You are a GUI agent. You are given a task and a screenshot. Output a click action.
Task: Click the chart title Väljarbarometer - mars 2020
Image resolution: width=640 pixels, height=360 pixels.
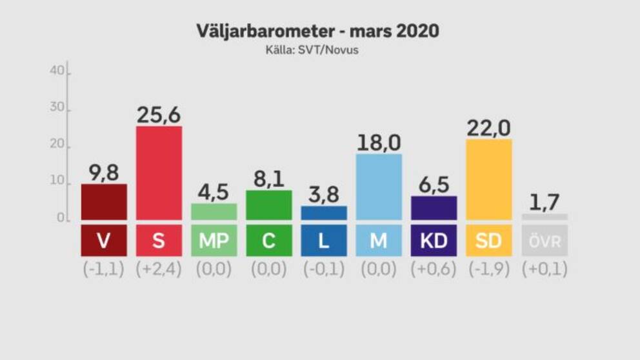coord(319,31)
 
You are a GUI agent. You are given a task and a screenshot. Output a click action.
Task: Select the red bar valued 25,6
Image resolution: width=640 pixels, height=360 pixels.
coord(159,172)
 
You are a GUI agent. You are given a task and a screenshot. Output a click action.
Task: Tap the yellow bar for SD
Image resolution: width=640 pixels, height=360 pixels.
coord(489,179)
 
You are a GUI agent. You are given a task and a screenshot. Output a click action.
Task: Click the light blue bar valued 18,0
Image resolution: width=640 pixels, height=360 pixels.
coord(379,186)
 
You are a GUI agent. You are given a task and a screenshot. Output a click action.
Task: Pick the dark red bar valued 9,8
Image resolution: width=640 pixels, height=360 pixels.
coord(104,201)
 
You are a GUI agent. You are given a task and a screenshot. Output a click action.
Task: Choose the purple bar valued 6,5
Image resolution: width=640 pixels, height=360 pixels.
coord(434,207)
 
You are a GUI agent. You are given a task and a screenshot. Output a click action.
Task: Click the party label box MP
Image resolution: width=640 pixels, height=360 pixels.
coord(214,241)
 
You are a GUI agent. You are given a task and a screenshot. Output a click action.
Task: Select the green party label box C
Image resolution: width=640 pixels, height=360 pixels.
coord(269,241)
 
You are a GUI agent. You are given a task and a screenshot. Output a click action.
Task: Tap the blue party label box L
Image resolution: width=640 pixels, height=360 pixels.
coord(324,241)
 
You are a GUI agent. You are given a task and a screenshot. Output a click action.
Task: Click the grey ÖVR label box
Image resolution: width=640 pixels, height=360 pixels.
coord(545,241)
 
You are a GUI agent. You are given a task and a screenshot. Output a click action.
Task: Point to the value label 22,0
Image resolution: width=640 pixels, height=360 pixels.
coord(489,128)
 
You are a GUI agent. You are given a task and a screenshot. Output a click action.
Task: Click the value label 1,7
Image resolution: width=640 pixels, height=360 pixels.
coord(545,203)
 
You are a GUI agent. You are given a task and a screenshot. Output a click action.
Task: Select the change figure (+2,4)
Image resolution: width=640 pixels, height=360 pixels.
coord(159,269)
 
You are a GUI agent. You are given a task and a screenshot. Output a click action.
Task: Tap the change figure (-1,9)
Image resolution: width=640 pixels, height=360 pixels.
coord(489,269)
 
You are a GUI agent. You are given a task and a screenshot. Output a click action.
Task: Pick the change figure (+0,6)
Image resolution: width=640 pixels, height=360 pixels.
coord(434,269)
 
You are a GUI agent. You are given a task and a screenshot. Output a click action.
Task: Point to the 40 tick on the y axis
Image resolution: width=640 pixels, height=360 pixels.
coord(56,72)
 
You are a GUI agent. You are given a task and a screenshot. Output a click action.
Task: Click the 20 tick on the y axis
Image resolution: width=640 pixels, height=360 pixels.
coord(56,146)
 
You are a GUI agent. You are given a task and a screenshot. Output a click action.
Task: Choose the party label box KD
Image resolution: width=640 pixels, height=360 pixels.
coord(434,241)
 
